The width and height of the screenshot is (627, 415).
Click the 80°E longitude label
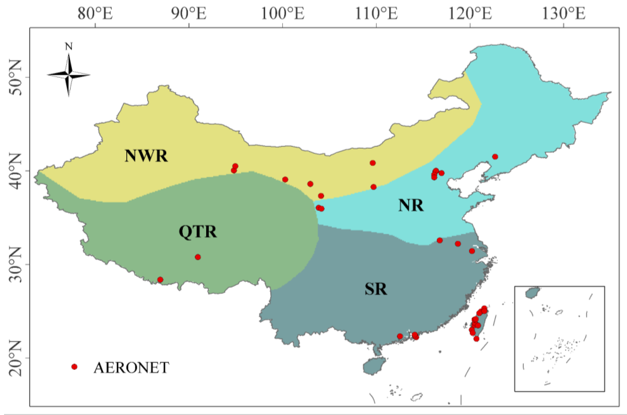[x=95, y=14]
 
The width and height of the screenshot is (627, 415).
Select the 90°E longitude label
[x=189, y=14]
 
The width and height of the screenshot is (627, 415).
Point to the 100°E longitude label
[x=283, y=14]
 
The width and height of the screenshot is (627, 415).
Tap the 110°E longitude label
[x=376, y=14]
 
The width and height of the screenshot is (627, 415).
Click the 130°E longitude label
[x=564, y=14]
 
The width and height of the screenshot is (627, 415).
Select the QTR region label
[x=198, y=232]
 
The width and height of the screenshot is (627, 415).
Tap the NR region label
[x=411, y=205]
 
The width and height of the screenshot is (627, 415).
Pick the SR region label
[x=376, y=289]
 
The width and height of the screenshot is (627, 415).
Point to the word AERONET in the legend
[x=131, y=367]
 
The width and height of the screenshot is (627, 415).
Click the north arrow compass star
[x=69, y=75]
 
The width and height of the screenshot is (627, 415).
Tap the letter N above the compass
[x=69, y=47]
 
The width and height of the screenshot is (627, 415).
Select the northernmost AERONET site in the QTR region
[x=198, y=257]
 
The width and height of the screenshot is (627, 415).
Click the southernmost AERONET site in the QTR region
[x=160, y=280]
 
